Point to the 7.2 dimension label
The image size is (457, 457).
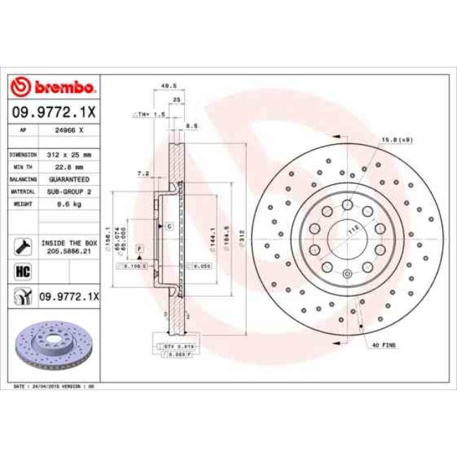click(143, 173)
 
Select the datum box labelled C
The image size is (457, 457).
click(169, 226)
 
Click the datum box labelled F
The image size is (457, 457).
click(139, 250)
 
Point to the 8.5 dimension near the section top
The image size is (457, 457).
click(190, 127)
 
